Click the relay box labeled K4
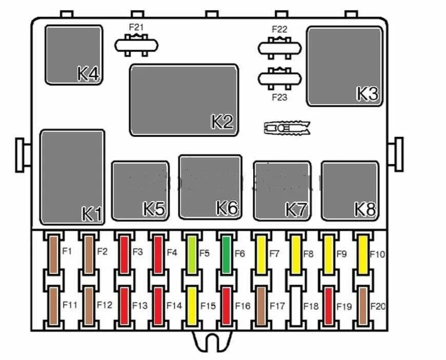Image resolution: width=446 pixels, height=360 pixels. pyautogui.click(x=74, y=54)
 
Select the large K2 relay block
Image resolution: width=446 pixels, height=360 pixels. pyautogui.click(x=184, y=100)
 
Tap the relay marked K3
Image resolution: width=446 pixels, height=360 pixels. pyautogui.click(x=344, y=67)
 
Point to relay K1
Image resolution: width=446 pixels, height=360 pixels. pyautogui.click(x=72, y=177)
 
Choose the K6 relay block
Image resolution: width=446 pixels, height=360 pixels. pyautogui.click(x=210, y=187)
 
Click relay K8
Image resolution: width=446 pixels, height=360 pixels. pyautogui.click(x=350, y=191)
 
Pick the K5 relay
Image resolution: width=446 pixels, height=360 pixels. pyautogui.click(x=140, y=191)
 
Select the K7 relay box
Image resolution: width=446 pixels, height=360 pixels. pyautogui.click(x=282, y=191)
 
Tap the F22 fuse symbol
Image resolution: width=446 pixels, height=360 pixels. pyautogui.click(x=279, y=49)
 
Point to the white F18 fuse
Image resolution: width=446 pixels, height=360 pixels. pyautogui.click(x=295, y=306)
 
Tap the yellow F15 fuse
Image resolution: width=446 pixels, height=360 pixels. pyautogui.click(x=191, y=306)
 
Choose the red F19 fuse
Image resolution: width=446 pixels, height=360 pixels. pyautogui.click(x=329, y=306)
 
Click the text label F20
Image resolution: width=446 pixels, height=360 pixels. pyautogui.click(x=377, y=306)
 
